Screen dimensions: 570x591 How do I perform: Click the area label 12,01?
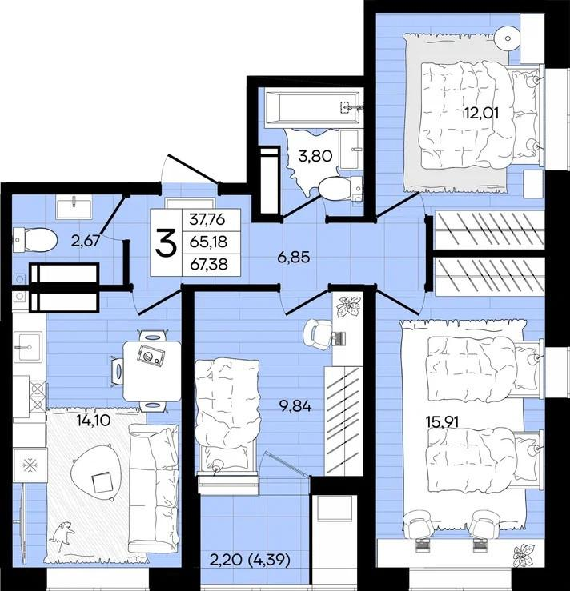(482, 113)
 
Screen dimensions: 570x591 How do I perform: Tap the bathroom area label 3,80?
(315, 156)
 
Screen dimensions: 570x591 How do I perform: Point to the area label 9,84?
(295, 406)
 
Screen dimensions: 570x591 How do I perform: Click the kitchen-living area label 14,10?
(93, 421)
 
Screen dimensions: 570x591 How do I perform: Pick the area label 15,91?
(442, 422)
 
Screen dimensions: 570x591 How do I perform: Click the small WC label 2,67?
(86, 241)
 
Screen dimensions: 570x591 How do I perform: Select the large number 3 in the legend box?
(166, 243)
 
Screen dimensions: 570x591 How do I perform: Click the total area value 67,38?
(209, 264)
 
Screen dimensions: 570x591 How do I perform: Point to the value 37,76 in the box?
(207, 218)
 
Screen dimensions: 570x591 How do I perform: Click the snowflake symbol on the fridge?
(30, 465)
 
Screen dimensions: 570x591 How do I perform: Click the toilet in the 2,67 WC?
(34, 240)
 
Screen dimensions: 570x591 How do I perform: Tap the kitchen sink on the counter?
(28, 347)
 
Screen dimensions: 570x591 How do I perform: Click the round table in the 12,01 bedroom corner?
(508, 38)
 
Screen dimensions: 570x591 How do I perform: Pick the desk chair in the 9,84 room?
(319, 333)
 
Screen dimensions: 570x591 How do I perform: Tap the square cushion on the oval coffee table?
(102, 482)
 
